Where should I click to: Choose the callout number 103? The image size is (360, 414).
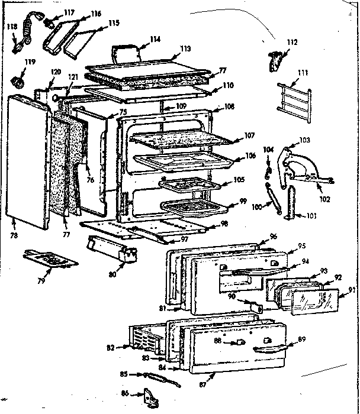[304, 140]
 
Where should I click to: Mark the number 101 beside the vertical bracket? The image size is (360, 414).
[310, 215]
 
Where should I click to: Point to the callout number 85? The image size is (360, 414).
[126, 373]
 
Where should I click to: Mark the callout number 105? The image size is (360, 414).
[238, 179]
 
